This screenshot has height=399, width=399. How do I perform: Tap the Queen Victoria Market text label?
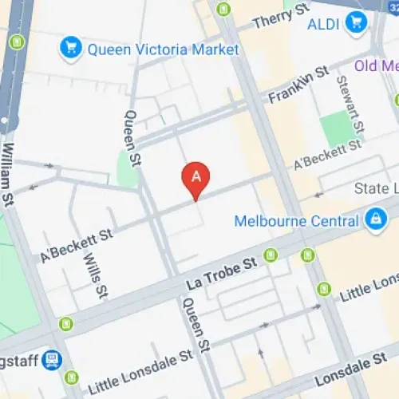click(x=163, y=49)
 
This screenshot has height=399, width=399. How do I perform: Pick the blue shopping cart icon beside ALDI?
click(x=354, y=24)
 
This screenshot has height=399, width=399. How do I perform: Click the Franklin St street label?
click(x=298, y=85)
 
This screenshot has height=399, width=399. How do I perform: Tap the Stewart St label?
click(x=350, y=105)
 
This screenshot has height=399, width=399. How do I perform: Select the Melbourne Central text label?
click(x=296, y=220)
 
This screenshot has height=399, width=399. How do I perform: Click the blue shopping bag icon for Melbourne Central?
click(x=373, y=217)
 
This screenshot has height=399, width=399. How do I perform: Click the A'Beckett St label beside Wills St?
click(x=77, y=245)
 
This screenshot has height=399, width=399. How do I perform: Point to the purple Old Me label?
click(x=376, y=65)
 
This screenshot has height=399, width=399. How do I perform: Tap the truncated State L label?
click(x=376, y=188)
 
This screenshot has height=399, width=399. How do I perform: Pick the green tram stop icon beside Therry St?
click(x=224, y=10)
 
